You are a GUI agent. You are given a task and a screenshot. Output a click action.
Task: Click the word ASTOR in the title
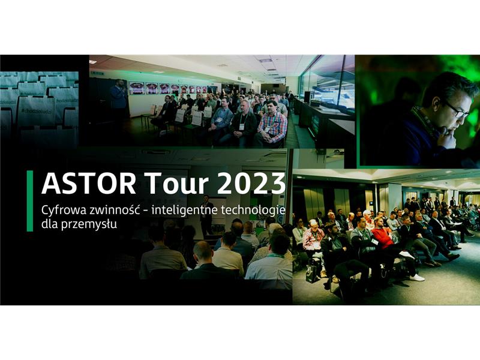(89, 184)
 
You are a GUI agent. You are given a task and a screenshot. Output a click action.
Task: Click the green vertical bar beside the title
(29, 201)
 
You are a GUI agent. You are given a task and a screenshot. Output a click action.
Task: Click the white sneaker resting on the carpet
(416, 277)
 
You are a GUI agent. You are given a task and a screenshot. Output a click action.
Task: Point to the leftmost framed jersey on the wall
(136, 88)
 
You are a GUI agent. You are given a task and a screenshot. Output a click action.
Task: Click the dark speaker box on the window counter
(308, 97)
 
